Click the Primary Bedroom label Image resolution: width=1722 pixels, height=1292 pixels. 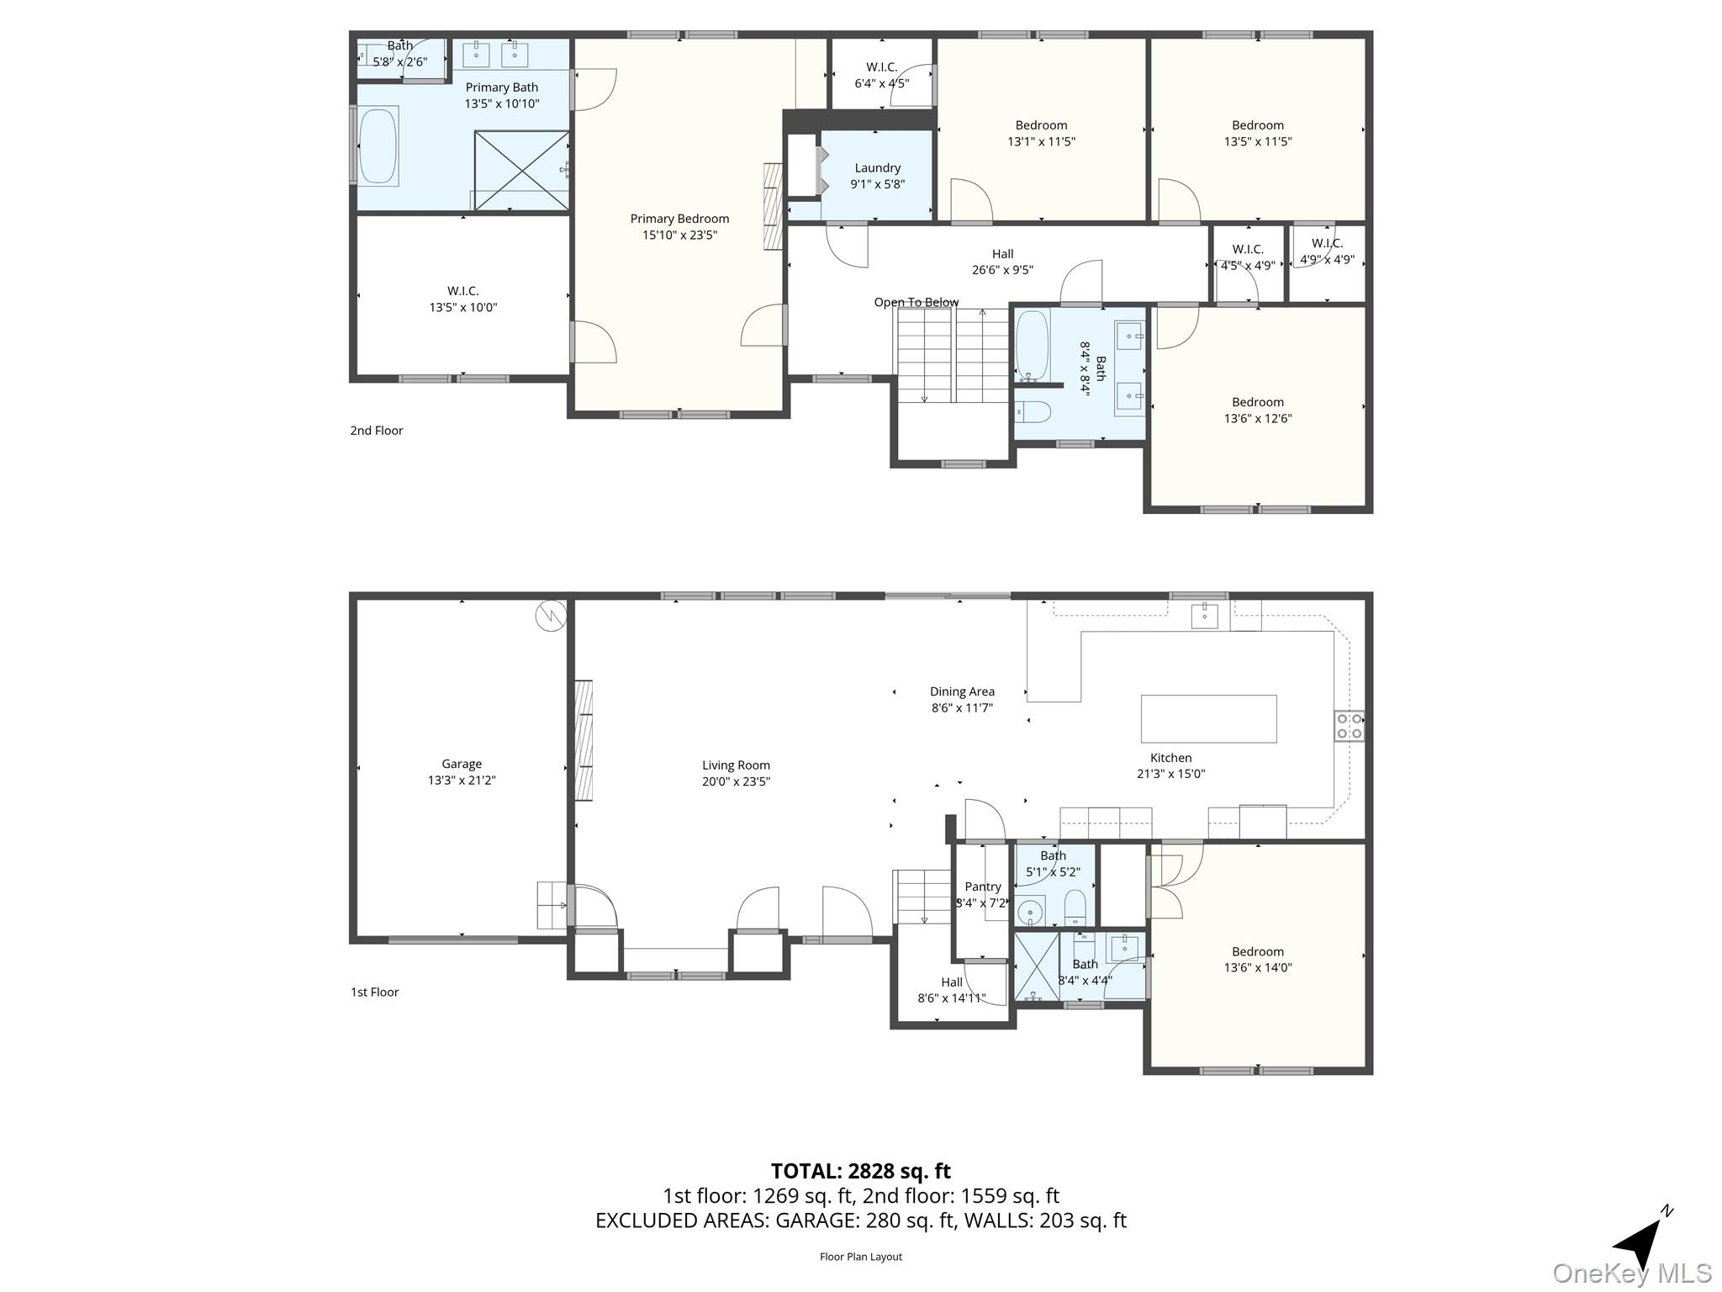tap(679, 219)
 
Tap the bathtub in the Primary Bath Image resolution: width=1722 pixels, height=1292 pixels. tap(378, 146)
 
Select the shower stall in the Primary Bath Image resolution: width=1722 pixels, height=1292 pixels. tap(521, 170)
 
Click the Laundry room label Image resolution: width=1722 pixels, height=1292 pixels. tap(877, 168)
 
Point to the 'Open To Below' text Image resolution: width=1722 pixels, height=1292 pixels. tap(916, 302)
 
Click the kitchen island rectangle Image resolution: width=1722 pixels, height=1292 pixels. tap(1208, 718)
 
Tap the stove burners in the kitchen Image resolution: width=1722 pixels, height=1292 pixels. tap(1349, 726)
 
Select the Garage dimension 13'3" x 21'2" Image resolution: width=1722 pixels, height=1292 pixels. tap(462, 781)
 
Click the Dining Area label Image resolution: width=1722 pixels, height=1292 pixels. tap(962, 691)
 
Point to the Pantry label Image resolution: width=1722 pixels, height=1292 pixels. tap(982, 887)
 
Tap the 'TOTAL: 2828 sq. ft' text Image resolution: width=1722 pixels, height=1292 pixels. tap(860, 1171)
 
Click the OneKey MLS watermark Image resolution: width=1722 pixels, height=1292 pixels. tap(1632, 1273)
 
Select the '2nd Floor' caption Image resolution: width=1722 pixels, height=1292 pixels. tap(377, 431)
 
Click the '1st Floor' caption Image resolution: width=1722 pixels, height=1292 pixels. tap(374, 993)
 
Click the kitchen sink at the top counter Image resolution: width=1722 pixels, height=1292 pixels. tap(1204, 616)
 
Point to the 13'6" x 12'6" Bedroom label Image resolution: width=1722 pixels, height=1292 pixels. tap(1257, 402)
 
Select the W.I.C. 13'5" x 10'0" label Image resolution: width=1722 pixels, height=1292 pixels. tap(462, 291)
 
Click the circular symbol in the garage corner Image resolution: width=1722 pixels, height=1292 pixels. tap(551, 617)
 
